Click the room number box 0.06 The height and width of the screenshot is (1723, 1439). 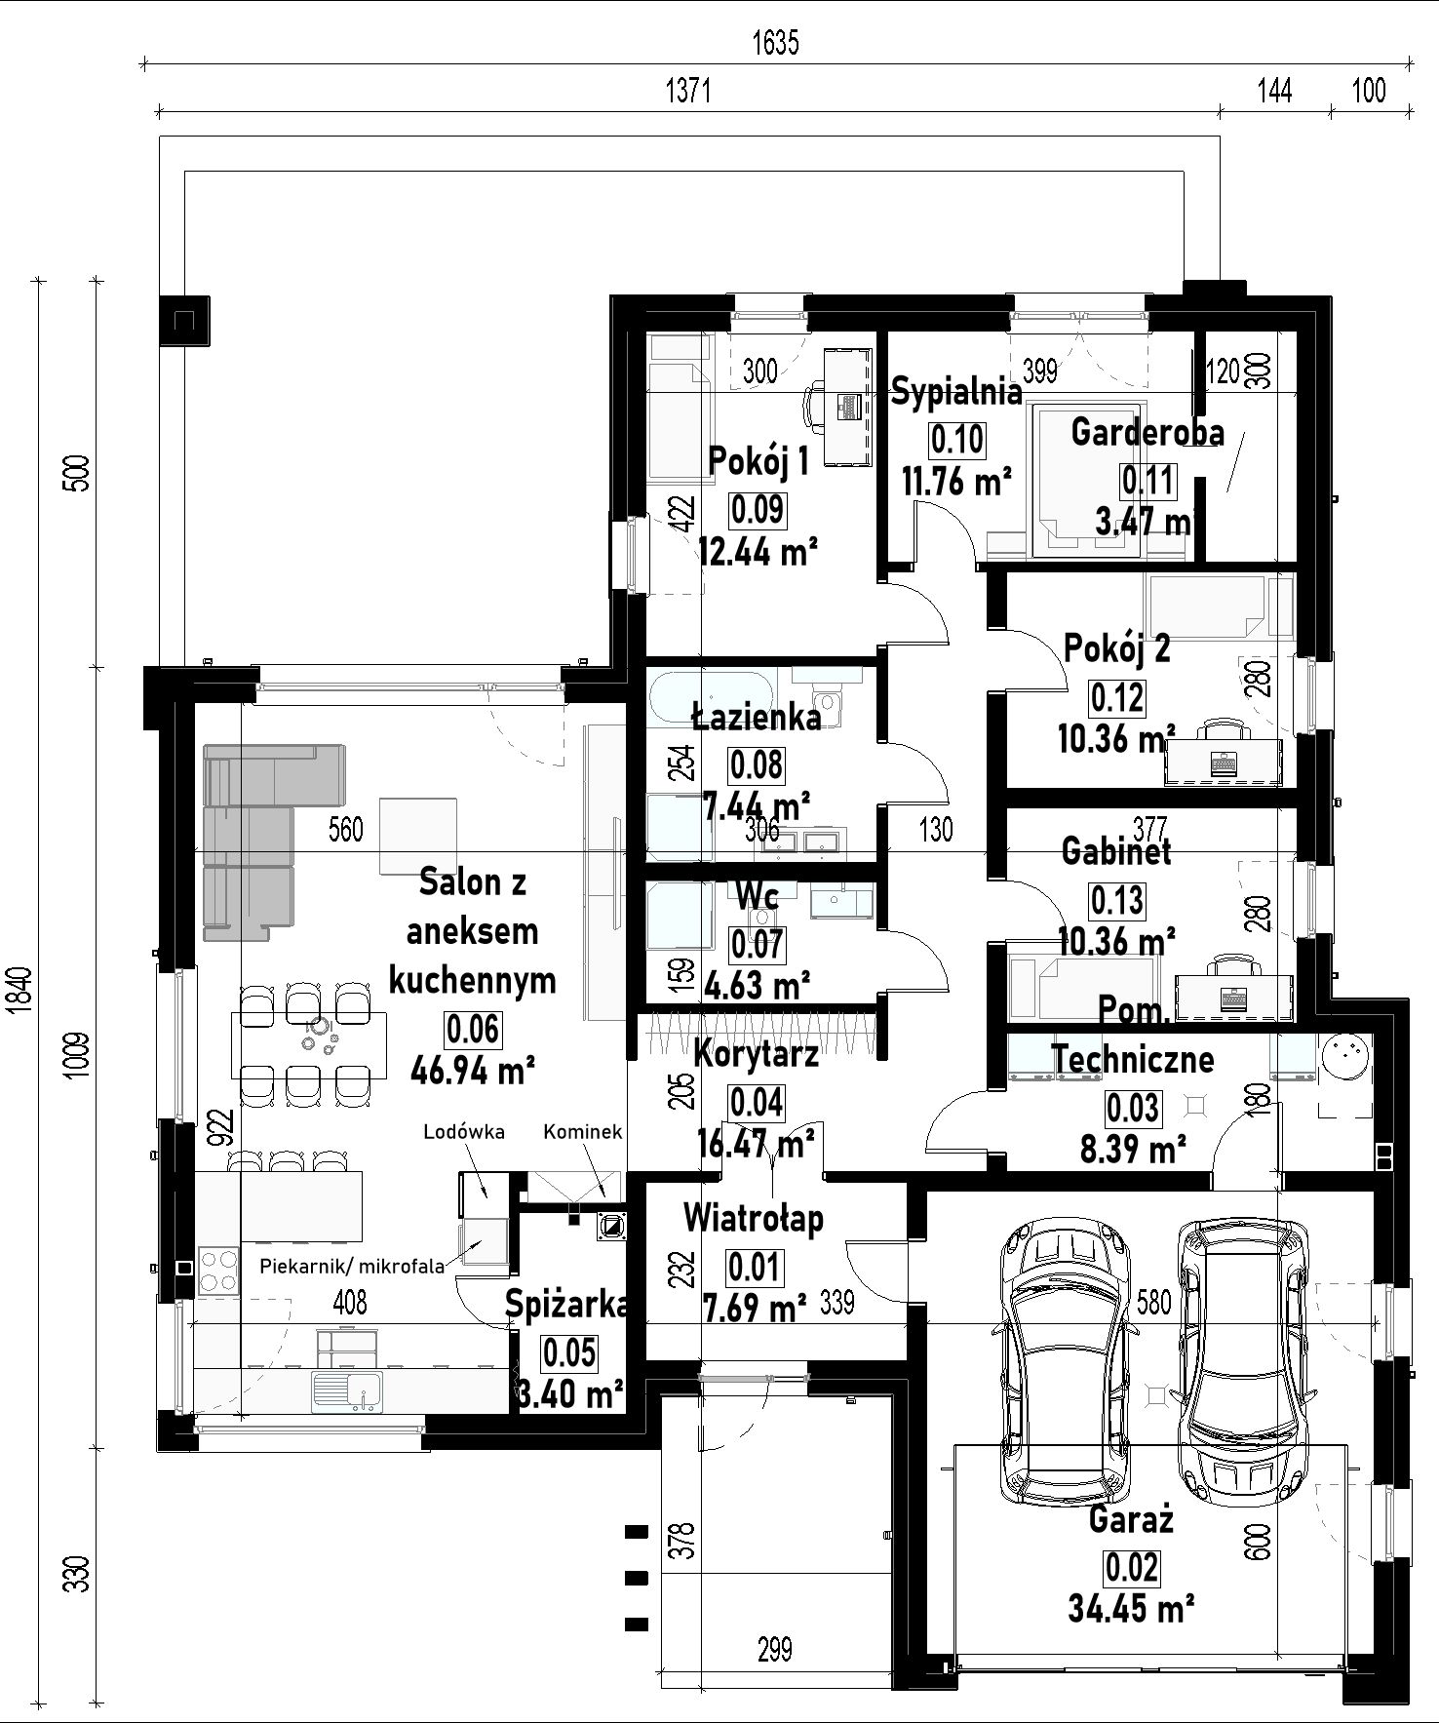pyautogui.click(x=473, y=1028)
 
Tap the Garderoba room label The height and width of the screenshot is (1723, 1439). pyautogui.click(x=1147, y=431)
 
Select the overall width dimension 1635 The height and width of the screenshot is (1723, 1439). pyautogui.click(x=776, y=43)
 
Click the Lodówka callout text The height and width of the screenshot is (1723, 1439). pyautogui.click(x=463, y=1132)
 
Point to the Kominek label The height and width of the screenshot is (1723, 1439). pyautogui.click(x=582, y=1132)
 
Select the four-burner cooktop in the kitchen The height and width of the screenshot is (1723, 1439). pyautogui.click(x=219, y=1271)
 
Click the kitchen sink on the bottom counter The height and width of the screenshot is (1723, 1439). pyautogui.click(x=348, y=1391)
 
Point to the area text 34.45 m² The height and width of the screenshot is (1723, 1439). pyautogui.click(x=1131, y=1607)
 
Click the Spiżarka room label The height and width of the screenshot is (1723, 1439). pyautogui.click(x=565, y=1306)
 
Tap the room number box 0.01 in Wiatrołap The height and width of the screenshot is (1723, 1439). pyautogui.click(x=755, y=1267)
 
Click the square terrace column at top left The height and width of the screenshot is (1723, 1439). pyautogui.click(x=183, y=320)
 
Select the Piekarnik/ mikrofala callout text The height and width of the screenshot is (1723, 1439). pyautogui.click(x=352, y=1266)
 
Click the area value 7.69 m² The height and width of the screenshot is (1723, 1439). pyautogui.click(x=755, y=1304)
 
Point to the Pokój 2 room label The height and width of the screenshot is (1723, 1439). pyautogui.click(x=1117, y=648)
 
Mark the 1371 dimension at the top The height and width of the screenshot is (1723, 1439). pyautogui.click(x=689, y=91)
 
